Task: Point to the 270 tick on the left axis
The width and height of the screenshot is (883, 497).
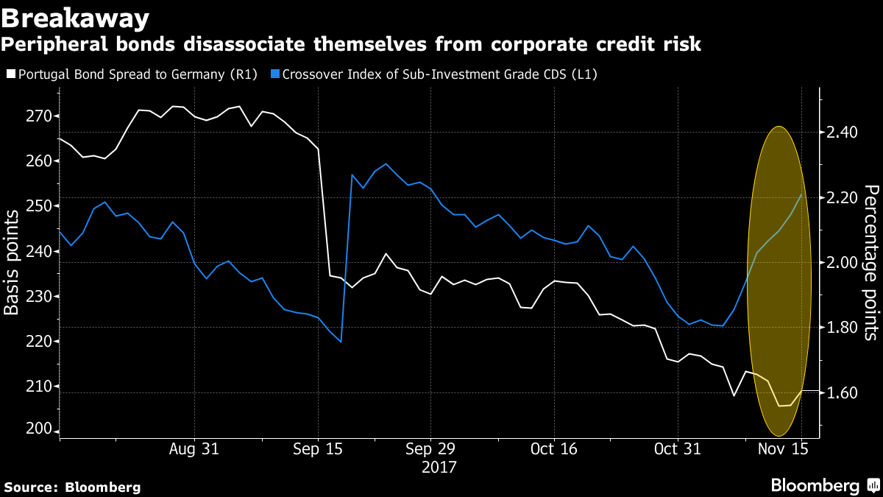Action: tap(38, 116)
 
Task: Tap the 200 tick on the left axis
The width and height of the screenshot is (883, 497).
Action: tap(38, 431)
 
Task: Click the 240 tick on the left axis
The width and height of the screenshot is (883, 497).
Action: tap(38, 251)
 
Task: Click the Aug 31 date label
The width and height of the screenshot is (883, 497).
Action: tap(194, 449)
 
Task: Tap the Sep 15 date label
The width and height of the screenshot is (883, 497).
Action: tap(318, 449)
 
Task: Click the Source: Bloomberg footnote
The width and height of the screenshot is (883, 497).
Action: tap(72, 487)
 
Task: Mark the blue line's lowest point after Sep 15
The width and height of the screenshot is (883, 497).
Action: tap(341, 342)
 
